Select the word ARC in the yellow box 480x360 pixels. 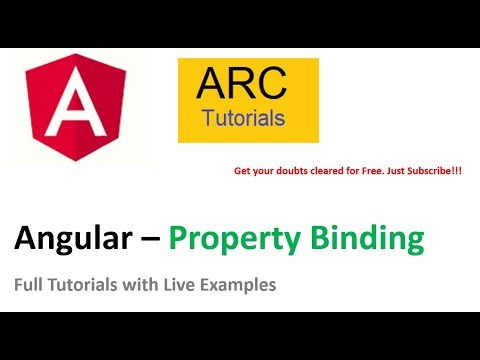(x=243, y=86)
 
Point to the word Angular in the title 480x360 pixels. (x=70, y=239)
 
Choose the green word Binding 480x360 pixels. (x=366, y=239)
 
